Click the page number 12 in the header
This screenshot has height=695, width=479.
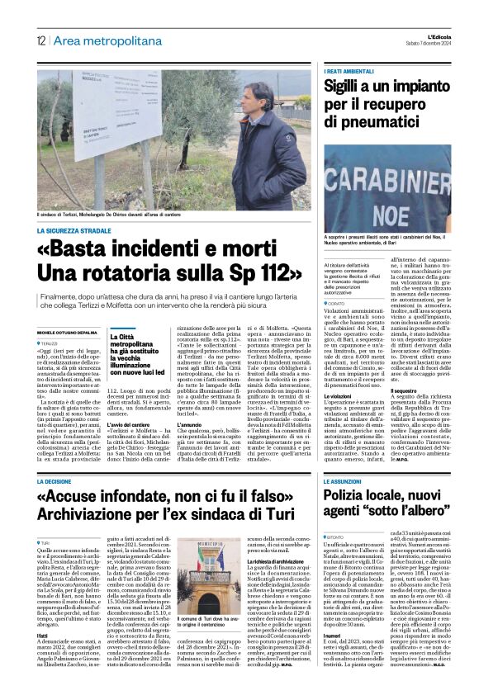click(40, 40)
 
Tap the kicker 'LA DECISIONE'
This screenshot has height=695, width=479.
click(61, 479)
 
